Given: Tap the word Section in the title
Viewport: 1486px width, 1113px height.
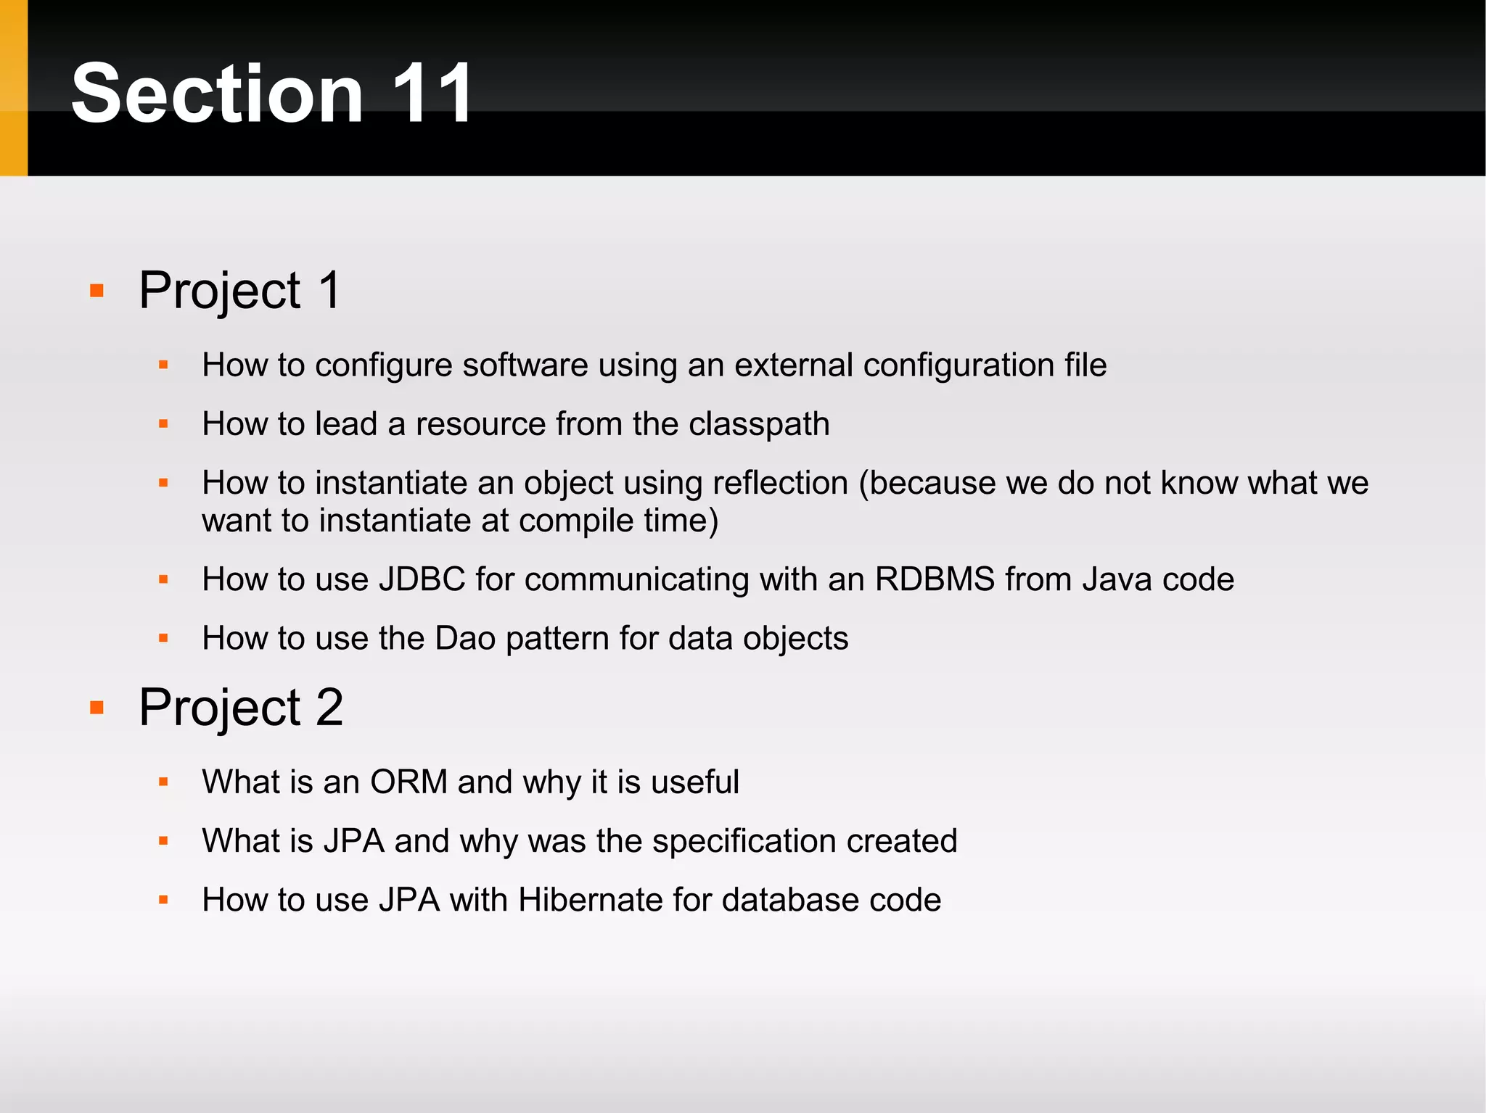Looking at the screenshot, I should click(x=217, y=94).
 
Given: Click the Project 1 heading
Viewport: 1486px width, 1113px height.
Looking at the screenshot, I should click(x=239, y=290).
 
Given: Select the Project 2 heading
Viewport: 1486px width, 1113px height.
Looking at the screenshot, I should click(x=240, y=707).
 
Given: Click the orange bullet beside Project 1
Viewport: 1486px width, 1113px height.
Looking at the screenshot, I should click(x=97, y=291).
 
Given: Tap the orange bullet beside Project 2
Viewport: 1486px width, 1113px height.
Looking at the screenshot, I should click(x=97, y=708).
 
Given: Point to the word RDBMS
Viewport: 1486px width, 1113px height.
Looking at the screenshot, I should click(x=935, y=579).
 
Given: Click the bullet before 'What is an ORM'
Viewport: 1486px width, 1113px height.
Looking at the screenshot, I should click(x=163, y=782).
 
